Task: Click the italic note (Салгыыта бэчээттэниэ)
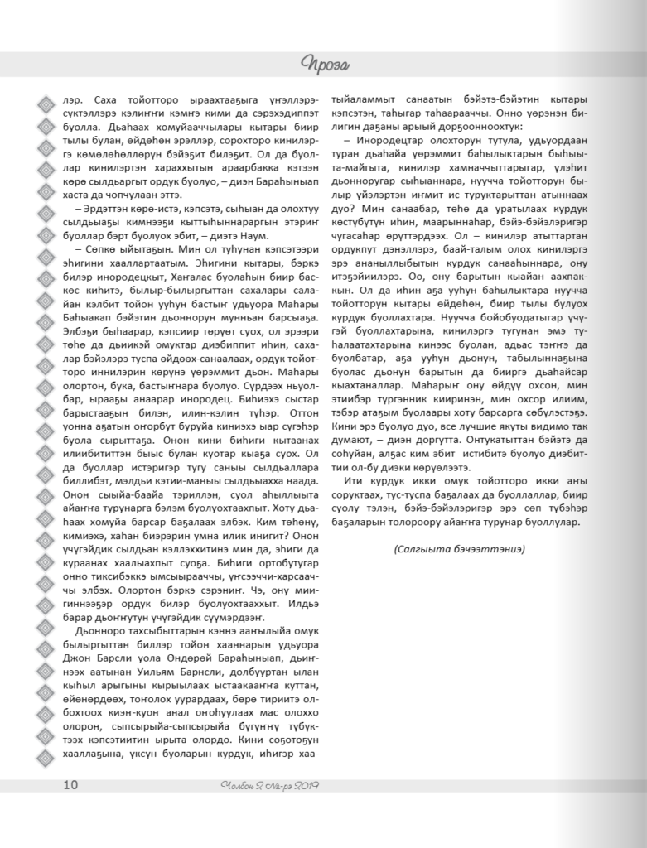point(460,548)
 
